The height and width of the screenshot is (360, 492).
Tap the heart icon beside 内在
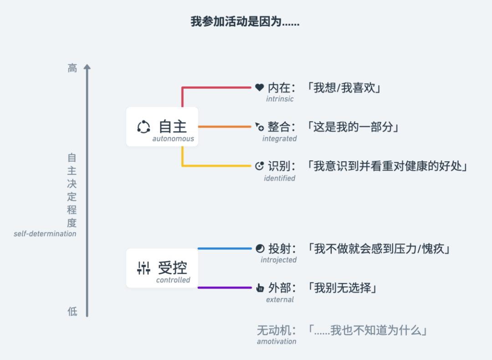(260, 87)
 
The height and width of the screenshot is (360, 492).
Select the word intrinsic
(280, 99)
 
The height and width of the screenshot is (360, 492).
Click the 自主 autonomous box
(162, 127)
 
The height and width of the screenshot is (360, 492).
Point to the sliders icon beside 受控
(143, 268)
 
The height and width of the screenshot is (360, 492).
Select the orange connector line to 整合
(225, 127)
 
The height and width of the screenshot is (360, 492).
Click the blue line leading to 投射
(225, 248)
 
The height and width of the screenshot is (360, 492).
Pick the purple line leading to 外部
(225, 288)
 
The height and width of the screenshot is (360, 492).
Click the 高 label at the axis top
(72, 68)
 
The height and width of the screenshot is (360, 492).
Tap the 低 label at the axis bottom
(72, 311)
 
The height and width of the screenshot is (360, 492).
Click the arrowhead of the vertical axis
(87, 67)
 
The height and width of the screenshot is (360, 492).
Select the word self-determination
(45, 233)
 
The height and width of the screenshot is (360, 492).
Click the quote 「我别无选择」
(342, 288)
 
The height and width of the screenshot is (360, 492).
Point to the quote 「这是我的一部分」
(353, 127)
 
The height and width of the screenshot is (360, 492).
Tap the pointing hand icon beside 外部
(260, 288)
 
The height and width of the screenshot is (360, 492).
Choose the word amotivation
(277, 341)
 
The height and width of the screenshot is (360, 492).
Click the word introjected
(279, 260)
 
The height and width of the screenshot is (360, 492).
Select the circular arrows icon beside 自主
(143, 127)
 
